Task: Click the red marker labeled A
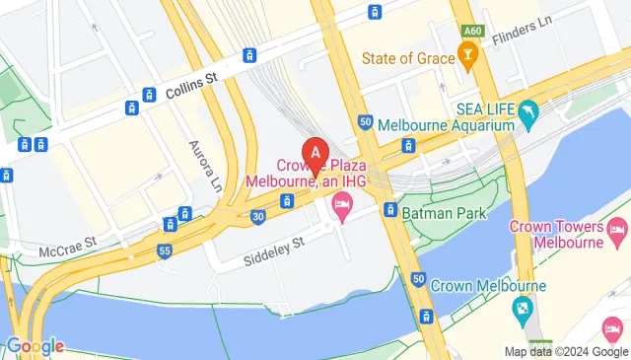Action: (x=315, y=154)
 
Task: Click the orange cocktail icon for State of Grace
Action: (x=470, y=58)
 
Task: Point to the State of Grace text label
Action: (x=408, y=58)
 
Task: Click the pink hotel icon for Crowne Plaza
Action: (x=342, y=208)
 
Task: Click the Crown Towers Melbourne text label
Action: (x=556, y=235)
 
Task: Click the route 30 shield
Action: (x=257, y=216)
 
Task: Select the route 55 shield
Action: (x=163, y=252)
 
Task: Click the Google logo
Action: (x=35, y=346)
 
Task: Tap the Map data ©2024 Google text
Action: (x=565, y=351)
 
